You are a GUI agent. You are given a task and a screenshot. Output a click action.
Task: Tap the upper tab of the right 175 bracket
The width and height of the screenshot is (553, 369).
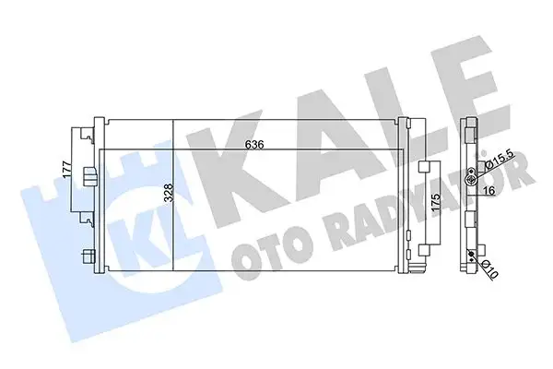425,168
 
